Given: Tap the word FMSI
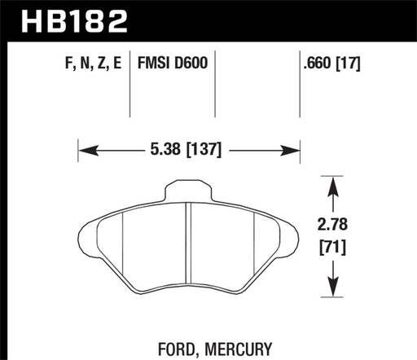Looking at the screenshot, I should point(156,61).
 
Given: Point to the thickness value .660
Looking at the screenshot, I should point(315,61).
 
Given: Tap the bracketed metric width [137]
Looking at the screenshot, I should point(204,149).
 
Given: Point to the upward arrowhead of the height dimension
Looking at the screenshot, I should point(331,183).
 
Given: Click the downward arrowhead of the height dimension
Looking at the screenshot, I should point(331,287).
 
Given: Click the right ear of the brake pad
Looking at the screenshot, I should point(289,236).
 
